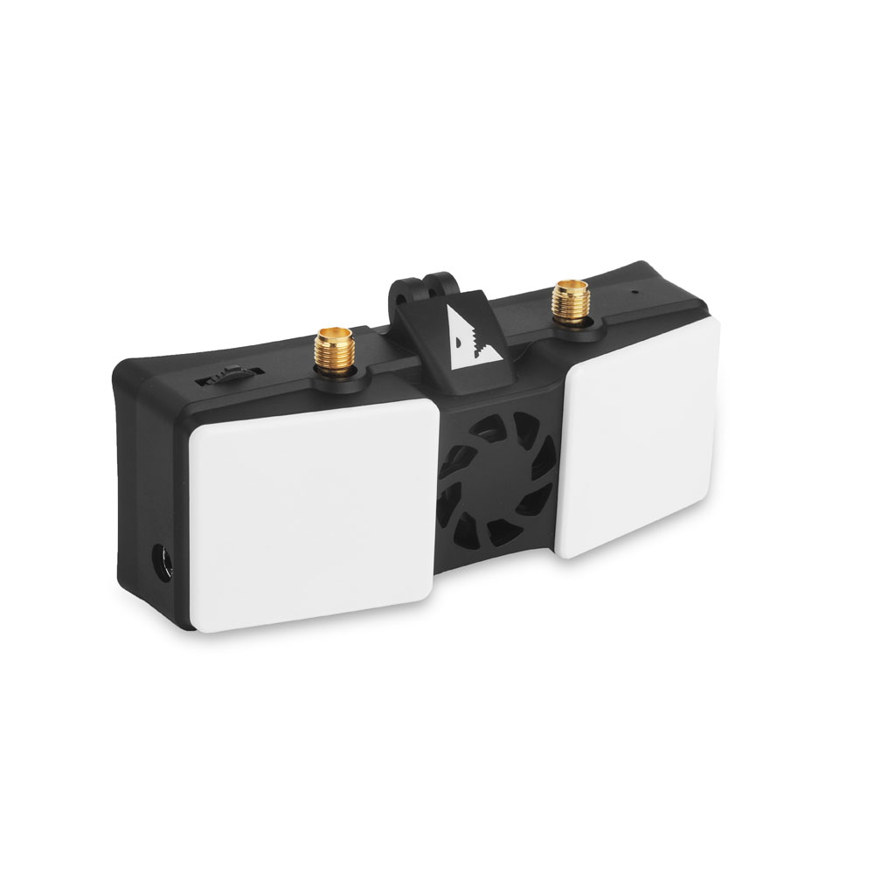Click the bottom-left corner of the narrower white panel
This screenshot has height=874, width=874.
(563, 553)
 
